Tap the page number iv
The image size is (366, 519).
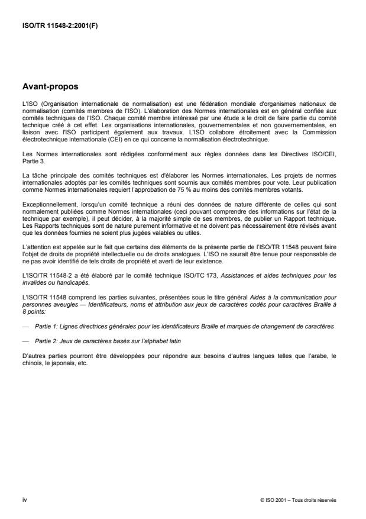24,499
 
